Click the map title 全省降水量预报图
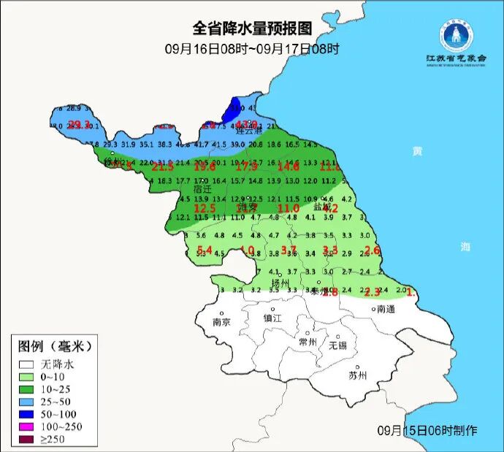pos(252,28)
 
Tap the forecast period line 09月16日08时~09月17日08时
pos(252,49)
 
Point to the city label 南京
pos(221,322)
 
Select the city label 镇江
pos(272,318)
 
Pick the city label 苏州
pos(357,376)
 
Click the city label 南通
pos(387,309)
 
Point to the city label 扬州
pos(280,283)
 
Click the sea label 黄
pos(416,151)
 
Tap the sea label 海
pos(465,247)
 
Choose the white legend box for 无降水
pos(28,364)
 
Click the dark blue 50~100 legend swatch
pos(28,413)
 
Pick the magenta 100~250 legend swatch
pos(28,426)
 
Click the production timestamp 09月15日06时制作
pos(427,430)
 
